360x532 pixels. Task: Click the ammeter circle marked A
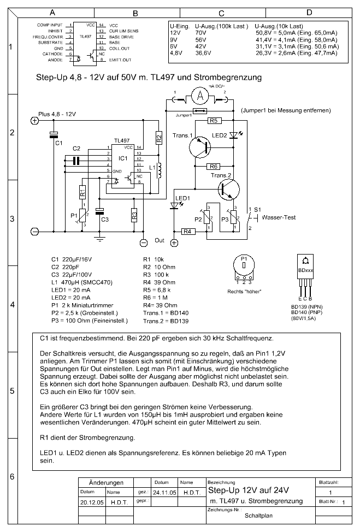pyautogui.click(x=200, y=96)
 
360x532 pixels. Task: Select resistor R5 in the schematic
pyautogui.click(x=214, y=121)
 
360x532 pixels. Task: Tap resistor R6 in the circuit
pyautogui.click(x=214, y=166)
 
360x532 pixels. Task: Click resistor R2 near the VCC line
pyautogui.click(x=159, y=138)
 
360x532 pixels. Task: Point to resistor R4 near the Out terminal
pyautogui.click(x=187, y=232)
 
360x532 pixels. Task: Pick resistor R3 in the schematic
pyautogui.click(x=134, y=215)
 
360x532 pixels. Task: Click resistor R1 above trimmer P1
pyautogui.click(x=82, y=193)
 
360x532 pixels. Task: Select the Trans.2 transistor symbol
pyautogui.click(x=228, y=190)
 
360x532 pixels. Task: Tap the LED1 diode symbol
pyautogui.click(x=174, y=205)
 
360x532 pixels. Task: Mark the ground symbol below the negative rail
pyautogui.click(x=99, y=238)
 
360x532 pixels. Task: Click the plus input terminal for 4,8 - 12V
pyautogui.click(x=34, y=121)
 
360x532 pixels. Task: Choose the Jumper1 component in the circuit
pyautogui.click(x=199, y=111)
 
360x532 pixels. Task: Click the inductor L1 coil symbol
pyautogui.click(x=159, y=170)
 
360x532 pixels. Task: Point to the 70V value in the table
pyautogui.click(x=200, y=33)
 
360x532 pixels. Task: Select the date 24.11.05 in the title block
pyautogui.click(x=164, y=492)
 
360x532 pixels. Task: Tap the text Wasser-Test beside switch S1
pyautogui.click(x=279, y=217)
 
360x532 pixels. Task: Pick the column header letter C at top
pyautogui.click(x=221, y=13)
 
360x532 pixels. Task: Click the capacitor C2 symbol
pyautogui.click(x=76, y=160)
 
